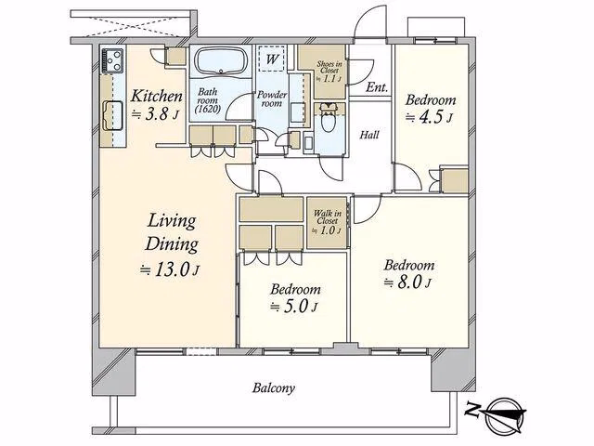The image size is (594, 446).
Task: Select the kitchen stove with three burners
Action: pos(112,61)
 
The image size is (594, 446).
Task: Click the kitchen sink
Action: pos(112,115)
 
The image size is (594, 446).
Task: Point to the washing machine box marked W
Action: pos(271,59)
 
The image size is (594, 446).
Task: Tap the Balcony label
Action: pos(274,388)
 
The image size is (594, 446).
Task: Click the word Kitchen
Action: pos(157,96)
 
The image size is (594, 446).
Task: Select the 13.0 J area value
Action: pos(170,269)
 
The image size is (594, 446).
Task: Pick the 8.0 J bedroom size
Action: pos(407,282)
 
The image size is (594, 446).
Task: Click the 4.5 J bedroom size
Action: pos(429,117)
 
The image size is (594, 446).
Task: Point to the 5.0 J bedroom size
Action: pos(294,307)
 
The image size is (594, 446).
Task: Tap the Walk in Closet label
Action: pos(328,216)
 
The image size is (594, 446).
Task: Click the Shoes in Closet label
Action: pos(329,67)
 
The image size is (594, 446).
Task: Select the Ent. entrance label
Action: pos(377,87)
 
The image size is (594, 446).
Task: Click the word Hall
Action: pos(369,135)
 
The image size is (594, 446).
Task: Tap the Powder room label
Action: pos(272,98)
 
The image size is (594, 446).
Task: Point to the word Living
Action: pos(172,221)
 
